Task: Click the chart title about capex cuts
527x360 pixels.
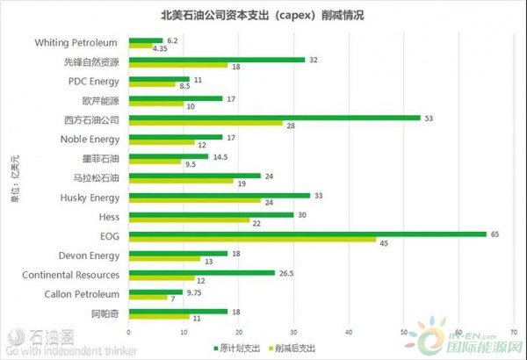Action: (263, 15)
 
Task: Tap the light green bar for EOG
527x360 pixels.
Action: (252, 241)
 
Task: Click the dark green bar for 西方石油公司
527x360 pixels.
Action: (274, 116)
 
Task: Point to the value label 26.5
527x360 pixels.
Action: (288, 272)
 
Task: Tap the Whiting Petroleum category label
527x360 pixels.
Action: (76, 42)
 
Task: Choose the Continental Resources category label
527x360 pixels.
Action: (71, 275)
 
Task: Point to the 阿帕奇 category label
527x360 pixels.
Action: (105, 313)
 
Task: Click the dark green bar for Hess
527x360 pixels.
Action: (211, 214)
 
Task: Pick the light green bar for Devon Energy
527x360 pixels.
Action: (164, 260)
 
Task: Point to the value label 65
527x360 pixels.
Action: (496, 234)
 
